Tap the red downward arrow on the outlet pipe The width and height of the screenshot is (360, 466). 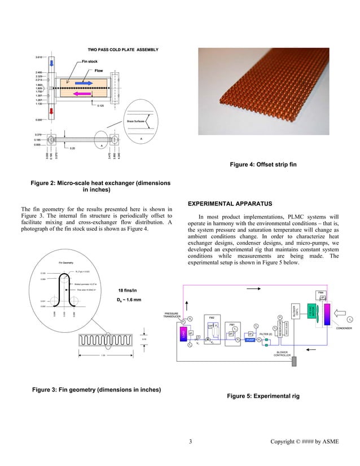click(51, 111)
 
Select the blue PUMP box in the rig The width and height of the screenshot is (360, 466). click(249, 340)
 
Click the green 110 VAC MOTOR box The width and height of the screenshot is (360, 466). click(311, 312)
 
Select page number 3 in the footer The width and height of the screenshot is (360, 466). click(191, 441)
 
